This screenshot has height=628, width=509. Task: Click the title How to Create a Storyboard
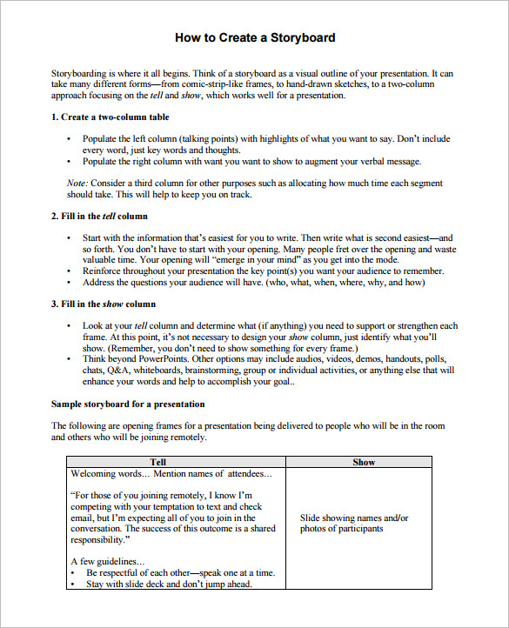pos(254,38)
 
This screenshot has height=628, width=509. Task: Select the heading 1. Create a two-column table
pos(111,117)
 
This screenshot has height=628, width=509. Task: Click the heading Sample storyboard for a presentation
pos(128,404)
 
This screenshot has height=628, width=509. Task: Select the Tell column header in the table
pos(157,462)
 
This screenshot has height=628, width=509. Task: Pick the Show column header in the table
pos(363,462)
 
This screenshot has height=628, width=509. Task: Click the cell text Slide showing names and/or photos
pos(354,523)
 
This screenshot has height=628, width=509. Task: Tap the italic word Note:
pos(77,184)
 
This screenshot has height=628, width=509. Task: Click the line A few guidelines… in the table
pos(107,562)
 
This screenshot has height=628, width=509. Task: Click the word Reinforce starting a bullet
pos(104,271)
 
